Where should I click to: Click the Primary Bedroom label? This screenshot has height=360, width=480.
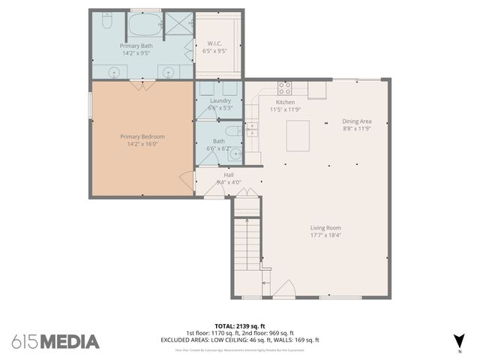pyautogui.click(x=142, y=136)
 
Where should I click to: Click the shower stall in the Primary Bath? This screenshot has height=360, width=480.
pyautogui.click(x=178, y=25)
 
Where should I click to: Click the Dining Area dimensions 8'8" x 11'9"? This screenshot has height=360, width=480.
pyautogui.click(x=357, y=129)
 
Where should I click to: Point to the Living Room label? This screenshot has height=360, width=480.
pyautogui.click(x=326, y=228)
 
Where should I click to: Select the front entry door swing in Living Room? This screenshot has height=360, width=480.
pyautogui.click(x=283, y=289)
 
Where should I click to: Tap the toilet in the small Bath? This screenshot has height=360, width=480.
pyautogui.click(x=232, y=129)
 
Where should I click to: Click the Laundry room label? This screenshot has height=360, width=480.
pyautogui.click(x=220, y=100)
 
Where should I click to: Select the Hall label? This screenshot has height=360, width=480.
pyautogui.click(x=228, y=175)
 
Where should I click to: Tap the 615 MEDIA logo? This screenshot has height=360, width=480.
pyautogui.click(x=55, y=341)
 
